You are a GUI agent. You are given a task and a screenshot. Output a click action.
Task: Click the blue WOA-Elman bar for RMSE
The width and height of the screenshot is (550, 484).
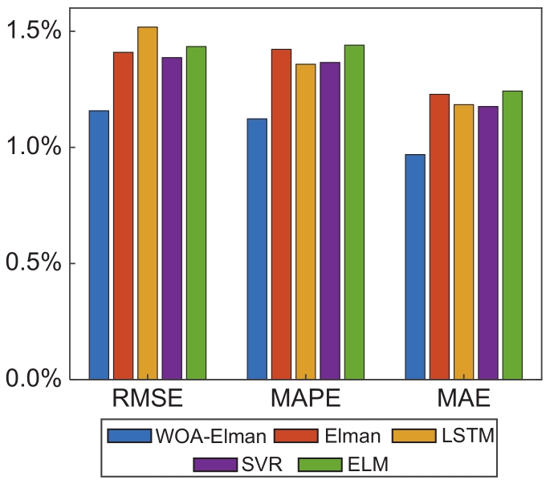[99, 245]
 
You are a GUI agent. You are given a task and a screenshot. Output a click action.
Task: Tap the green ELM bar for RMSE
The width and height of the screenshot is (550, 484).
[197, 213]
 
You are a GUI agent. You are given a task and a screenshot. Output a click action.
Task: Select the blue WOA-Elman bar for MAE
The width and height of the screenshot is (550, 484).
[415, 266]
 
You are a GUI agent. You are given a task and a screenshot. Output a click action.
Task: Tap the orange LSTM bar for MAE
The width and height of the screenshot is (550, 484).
[464, 242]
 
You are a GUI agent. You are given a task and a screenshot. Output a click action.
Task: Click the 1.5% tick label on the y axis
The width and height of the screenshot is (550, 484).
[33, 32]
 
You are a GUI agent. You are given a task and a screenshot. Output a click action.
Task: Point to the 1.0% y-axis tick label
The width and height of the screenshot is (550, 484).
[33, 148]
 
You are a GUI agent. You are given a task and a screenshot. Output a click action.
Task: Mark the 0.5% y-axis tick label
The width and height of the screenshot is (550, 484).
[33, 264]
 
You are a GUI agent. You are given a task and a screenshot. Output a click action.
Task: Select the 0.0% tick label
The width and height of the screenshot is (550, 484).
[33, 380]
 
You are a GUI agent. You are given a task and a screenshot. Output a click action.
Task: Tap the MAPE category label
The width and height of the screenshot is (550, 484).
[304, 400]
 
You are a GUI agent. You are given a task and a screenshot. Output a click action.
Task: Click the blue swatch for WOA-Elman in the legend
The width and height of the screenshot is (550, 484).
[129, 436]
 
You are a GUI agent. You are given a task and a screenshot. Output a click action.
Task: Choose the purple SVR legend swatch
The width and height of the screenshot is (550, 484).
[213, 465]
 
